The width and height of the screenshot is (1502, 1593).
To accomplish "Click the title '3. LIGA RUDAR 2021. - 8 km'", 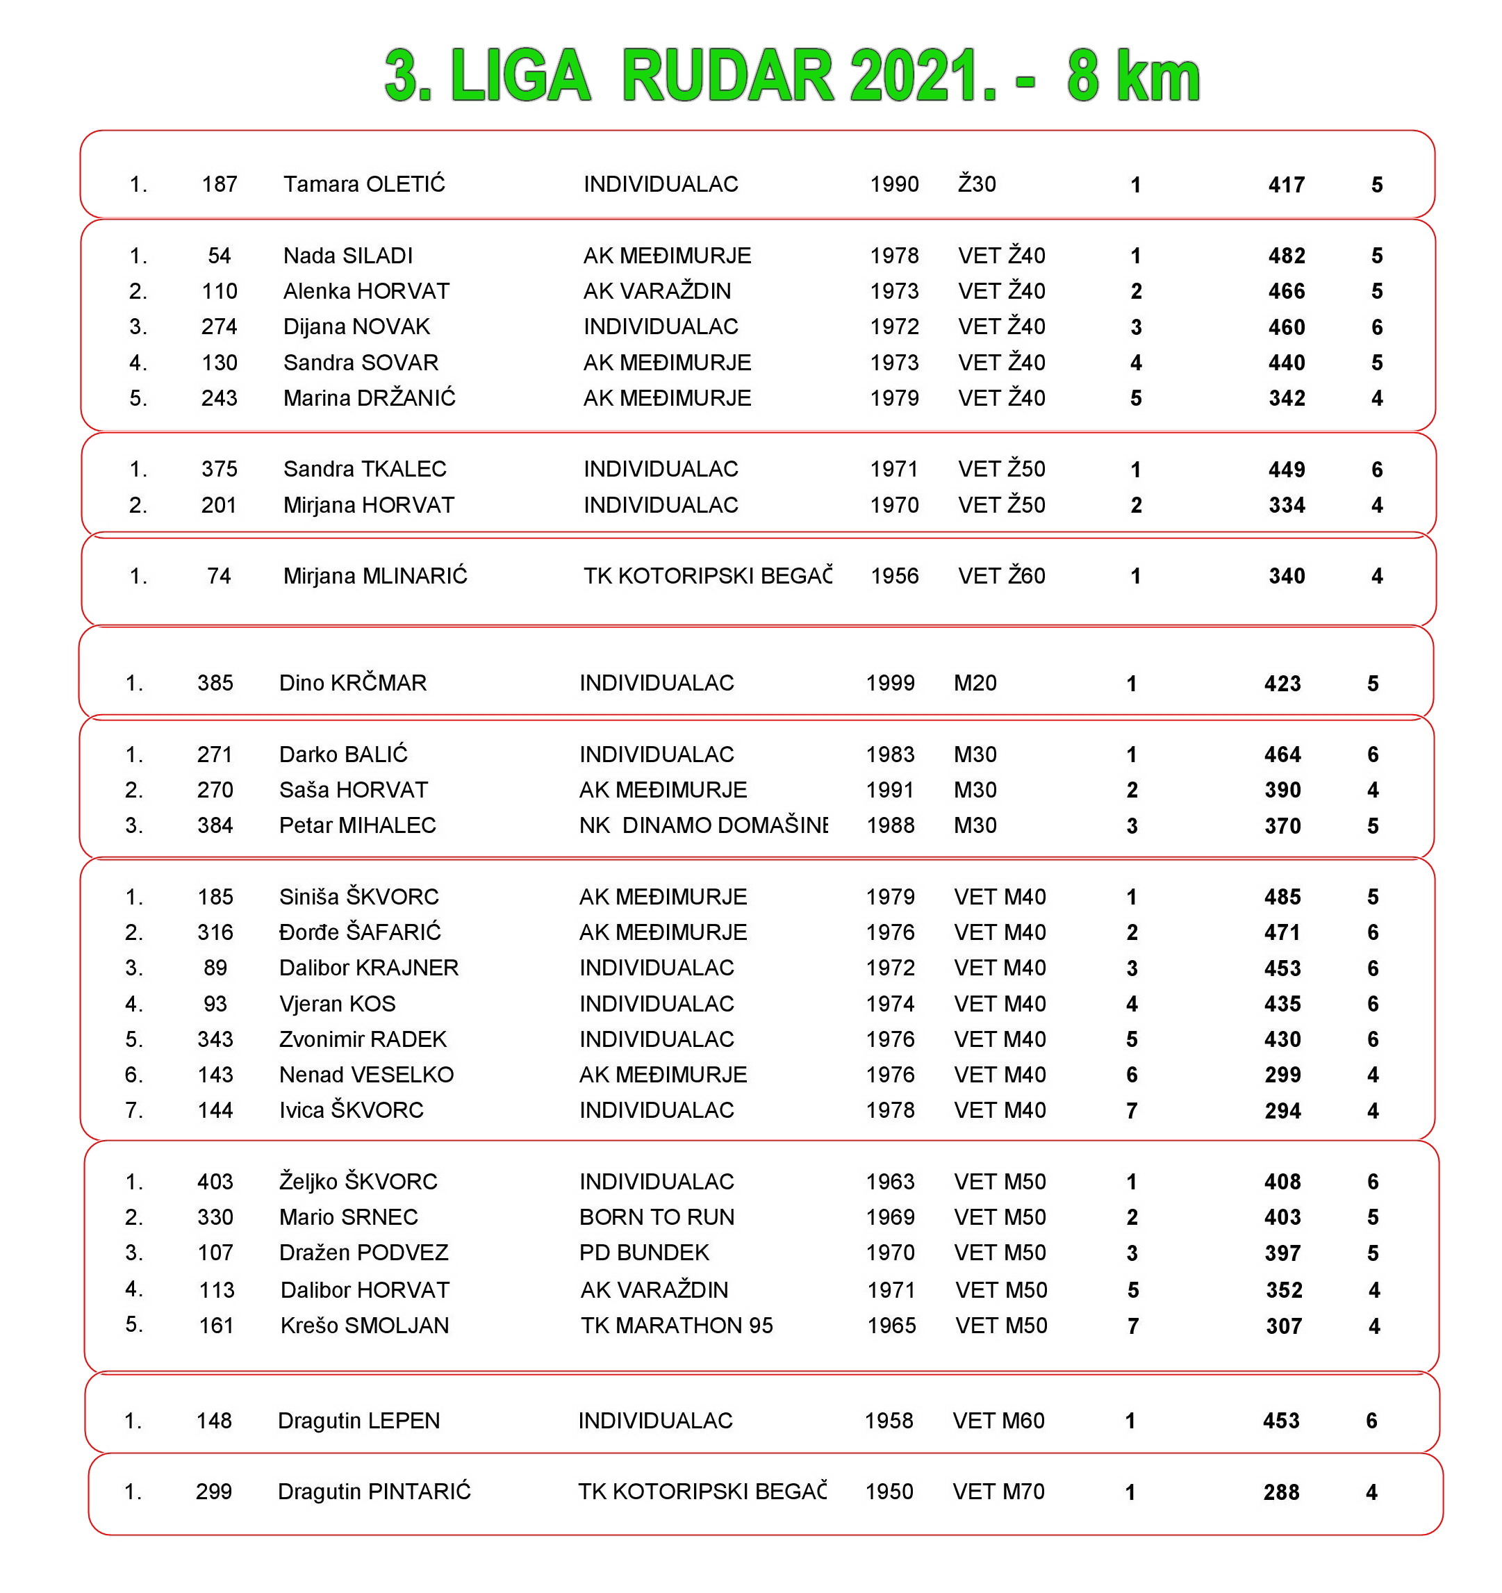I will tap(791, 76).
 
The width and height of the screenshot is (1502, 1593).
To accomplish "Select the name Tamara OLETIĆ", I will tap(364, 184).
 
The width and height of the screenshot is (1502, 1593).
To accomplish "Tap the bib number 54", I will tap(219, 256).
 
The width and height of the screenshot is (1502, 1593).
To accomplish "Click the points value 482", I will tap(1286, 256).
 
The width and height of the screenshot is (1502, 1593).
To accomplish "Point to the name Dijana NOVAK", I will tap(356, 327).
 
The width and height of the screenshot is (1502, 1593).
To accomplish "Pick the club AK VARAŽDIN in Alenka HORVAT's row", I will tap(657, 291).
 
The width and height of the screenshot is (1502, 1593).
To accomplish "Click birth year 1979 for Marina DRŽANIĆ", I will tap(895, 398).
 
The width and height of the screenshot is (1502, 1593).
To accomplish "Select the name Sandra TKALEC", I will tap(365, 469).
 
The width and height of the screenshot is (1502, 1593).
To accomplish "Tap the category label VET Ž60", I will tap(1001, 576).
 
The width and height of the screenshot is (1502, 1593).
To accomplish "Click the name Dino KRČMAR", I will tap(353, 683).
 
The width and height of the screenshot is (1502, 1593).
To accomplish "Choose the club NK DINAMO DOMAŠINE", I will tap(703, 825).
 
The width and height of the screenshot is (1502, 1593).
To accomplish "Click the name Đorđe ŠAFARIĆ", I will tap(360, 932).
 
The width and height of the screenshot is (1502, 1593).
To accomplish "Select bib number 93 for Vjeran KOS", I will tap(215, 1003).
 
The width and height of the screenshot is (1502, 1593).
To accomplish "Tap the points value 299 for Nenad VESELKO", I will tap(1282, 1075).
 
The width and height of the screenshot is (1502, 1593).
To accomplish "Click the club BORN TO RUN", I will tap(657, 1217).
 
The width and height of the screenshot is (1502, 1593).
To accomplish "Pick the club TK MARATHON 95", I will tap(677, 1326).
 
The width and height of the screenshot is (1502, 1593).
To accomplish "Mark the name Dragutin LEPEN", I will tap(358, 1421).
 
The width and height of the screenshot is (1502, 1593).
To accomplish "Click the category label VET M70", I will tap(998, 1492).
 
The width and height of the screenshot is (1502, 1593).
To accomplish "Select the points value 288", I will tap(1281, 1492).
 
